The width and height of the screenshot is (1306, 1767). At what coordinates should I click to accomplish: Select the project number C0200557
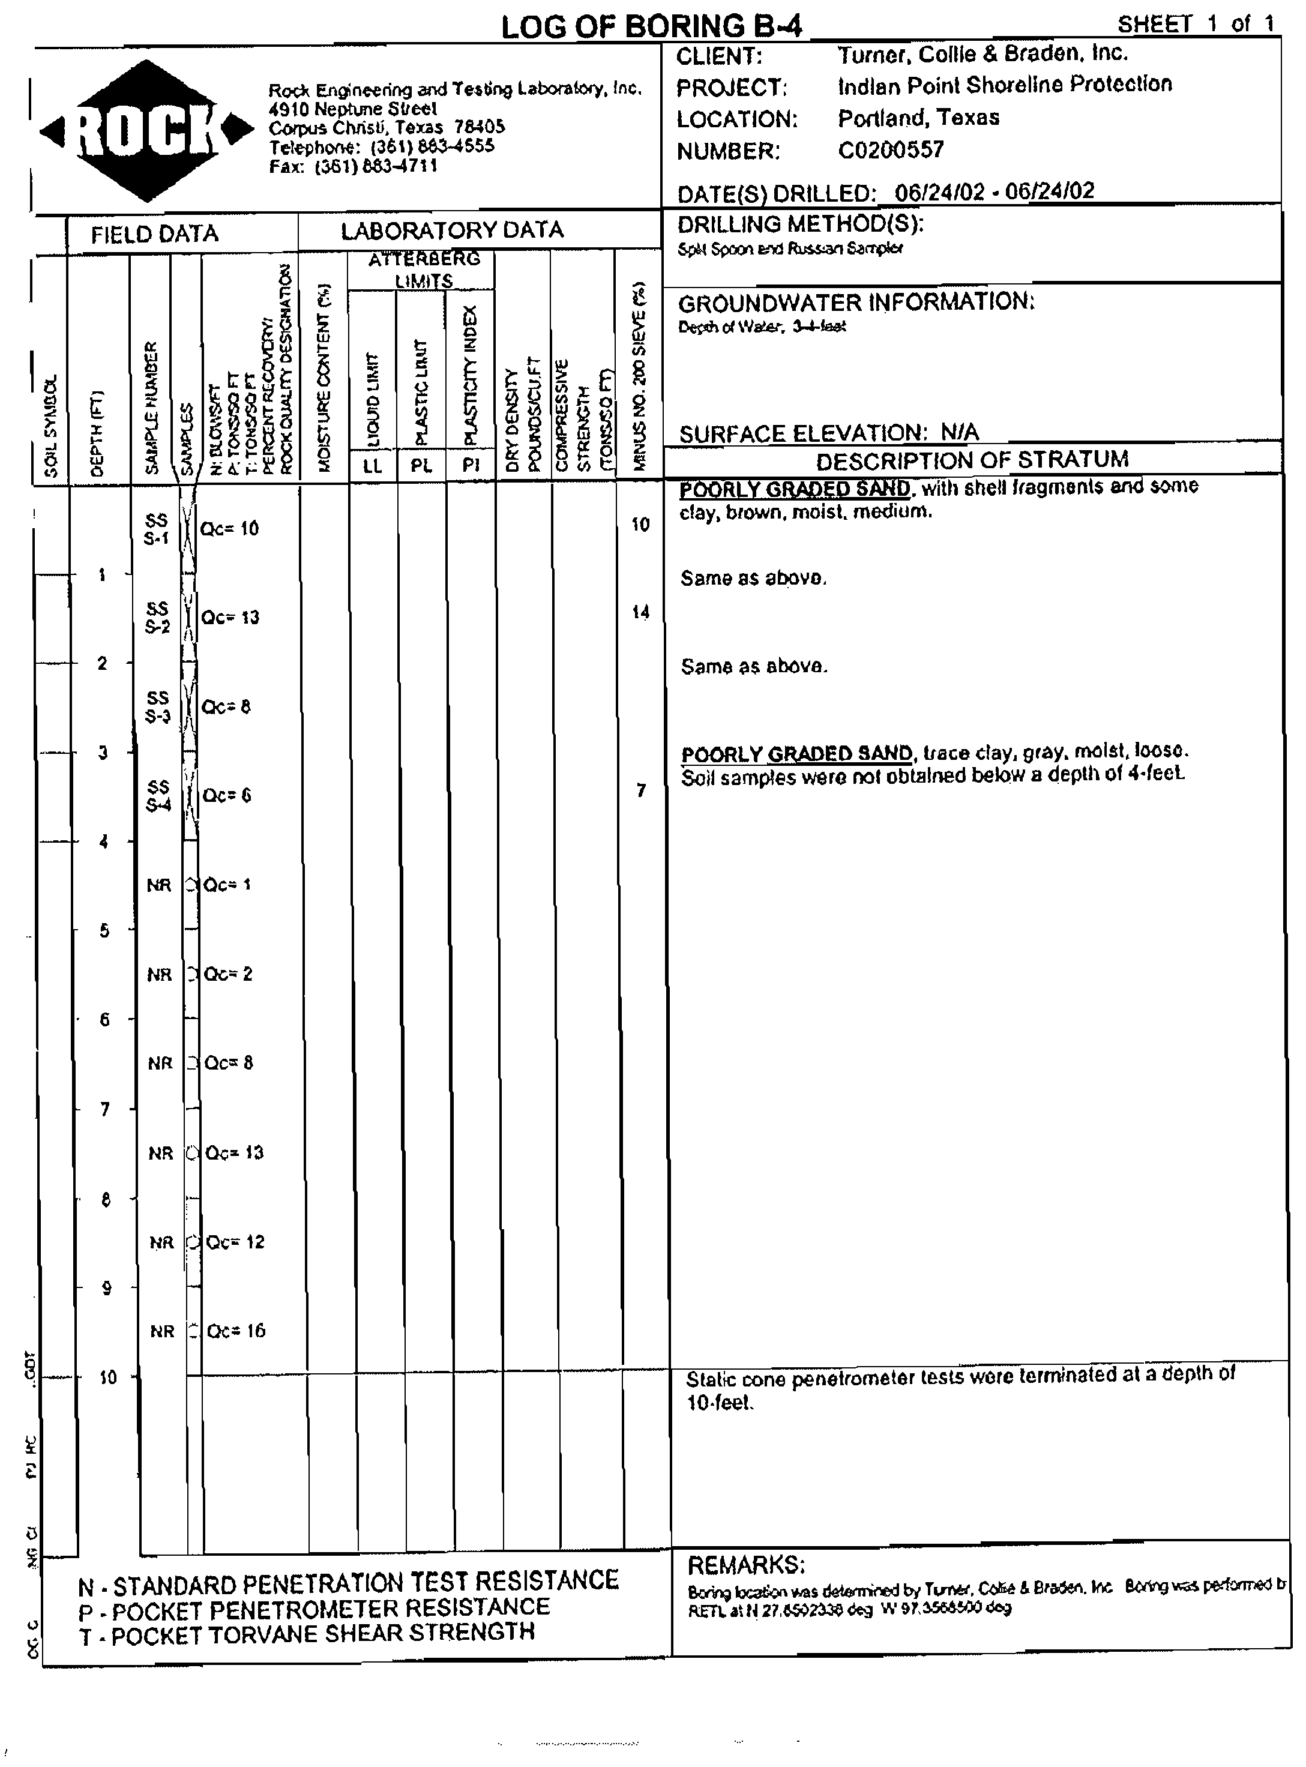[x=891, y=149]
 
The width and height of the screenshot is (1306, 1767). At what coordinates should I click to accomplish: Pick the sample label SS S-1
[x=157, y=529]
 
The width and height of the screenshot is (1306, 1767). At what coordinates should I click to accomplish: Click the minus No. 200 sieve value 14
[x=640, y=612]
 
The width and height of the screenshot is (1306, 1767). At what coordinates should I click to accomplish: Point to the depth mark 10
[x=107, y=1377]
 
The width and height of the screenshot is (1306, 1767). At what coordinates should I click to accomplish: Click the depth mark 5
[x=104, y=930]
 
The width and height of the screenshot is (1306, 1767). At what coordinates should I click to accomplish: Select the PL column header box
[x=421, y=466]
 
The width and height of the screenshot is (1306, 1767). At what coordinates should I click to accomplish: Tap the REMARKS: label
[x=745, y=1565]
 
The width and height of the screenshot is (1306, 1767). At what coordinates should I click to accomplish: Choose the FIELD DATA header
[x=154, y=234]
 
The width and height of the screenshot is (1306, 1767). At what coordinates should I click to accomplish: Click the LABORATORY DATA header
[x=451, y=230]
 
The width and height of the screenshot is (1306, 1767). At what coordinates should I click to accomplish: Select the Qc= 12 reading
[x=235, y=1242]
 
